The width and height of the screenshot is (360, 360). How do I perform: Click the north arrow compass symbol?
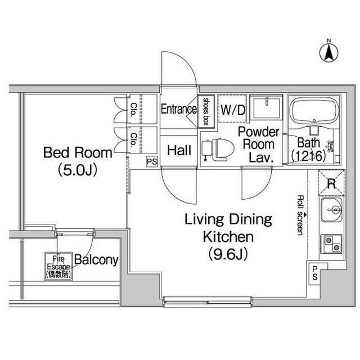click(328, 52)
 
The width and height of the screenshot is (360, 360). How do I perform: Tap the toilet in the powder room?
click(218, 150)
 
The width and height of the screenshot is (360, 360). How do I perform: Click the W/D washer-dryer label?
click(232, 110)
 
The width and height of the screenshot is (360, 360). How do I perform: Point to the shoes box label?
click(206, 111)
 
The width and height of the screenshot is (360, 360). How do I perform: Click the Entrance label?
click(179, 109)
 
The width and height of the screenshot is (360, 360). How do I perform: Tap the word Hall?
click(179, 150)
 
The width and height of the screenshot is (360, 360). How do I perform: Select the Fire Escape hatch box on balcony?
click(58, 266)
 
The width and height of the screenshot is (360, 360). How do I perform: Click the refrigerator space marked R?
click(331, 183)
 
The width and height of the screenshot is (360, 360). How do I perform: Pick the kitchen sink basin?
click(331, 210)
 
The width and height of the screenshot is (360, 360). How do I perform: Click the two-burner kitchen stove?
click(331, 244)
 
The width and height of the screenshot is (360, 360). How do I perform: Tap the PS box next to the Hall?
click(152, 161)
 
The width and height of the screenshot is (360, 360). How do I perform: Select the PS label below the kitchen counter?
click(315, 273)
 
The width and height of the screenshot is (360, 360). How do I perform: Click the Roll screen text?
click(300, 215)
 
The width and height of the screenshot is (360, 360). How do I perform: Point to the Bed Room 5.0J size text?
click(78, 170)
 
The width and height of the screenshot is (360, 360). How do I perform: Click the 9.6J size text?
click(228, 254)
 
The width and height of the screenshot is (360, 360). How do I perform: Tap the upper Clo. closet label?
click(133, 110)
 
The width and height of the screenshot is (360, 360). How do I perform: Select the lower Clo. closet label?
click(133, 140)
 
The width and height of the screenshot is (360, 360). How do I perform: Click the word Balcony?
click(96, 260)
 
